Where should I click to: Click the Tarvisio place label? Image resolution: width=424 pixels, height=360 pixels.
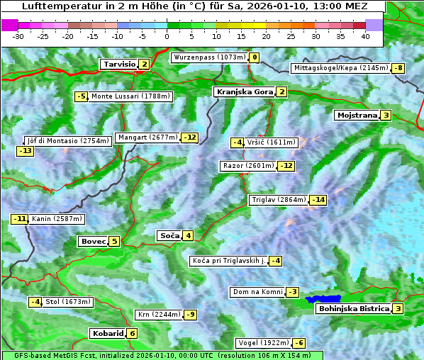(118, 64)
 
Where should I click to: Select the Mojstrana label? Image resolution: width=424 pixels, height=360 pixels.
(357, 116)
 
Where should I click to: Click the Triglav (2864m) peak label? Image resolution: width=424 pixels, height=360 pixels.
(278, 200)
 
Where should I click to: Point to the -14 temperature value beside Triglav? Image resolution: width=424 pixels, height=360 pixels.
(318, 200)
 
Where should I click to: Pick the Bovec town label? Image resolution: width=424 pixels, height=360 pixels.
(93, 242)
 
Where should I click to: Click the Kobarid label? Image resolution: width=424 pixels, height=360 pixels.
(107, 334)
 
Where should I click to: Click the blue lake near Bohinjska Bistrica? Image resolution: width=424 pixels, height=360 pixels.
(323, 300)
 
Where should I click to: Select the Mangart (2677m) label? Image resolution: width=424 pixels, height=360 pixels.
(148, 137)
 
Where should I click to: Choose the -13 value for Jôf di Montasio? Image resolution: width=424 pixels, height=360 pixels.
(26, 151)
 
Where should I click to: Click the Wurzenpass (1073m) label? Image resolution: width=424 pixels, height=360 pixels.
(209, 57)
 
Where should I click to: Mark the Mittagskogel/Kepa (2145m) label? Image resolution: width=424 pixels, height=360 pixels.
(341, 68)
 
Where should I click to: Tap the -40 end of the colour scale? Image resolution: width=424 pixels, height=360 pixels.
(9, 25)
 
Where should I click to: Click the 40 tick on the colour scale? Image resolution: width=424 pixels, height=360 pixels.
(365, 35)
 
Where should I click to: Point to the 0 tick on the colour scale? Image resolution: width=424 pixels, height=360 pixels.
(167, 35)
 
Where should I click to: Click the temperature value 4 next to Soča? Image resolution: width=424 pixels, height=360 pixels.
(188, 236)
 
